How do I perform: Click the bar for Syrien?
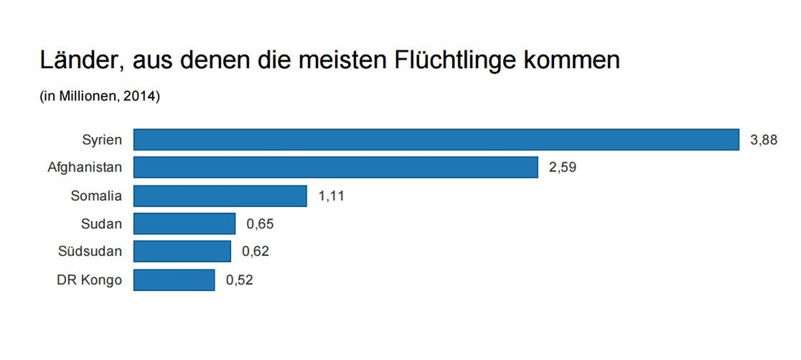pos(436,140)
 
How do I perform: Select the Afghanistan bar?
pos(335,168)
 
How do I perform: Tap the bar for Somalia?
pos(220,196)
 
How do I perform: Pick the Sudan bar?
pos(184,224)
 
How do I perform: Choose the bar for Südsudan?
pos(182,251)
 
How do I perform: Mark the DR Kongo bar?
pos(174,280)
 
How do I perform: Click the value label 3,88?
pos(763,140)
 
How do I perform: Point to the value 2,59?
pos(562,168)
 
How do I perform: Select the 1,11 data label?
pos(331,196)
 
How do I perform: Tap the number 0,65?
pos(260,224)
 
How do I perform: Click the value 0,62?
pos(255,251)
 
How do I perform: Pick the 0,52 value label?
pos(239,280)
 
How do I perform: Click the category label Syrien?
pos(102,140)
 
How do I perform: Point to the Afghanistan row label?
pos(84,168)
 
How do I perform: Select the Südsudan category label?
pos(90,251)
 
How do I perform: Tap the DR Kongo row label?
pos(89,280)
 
